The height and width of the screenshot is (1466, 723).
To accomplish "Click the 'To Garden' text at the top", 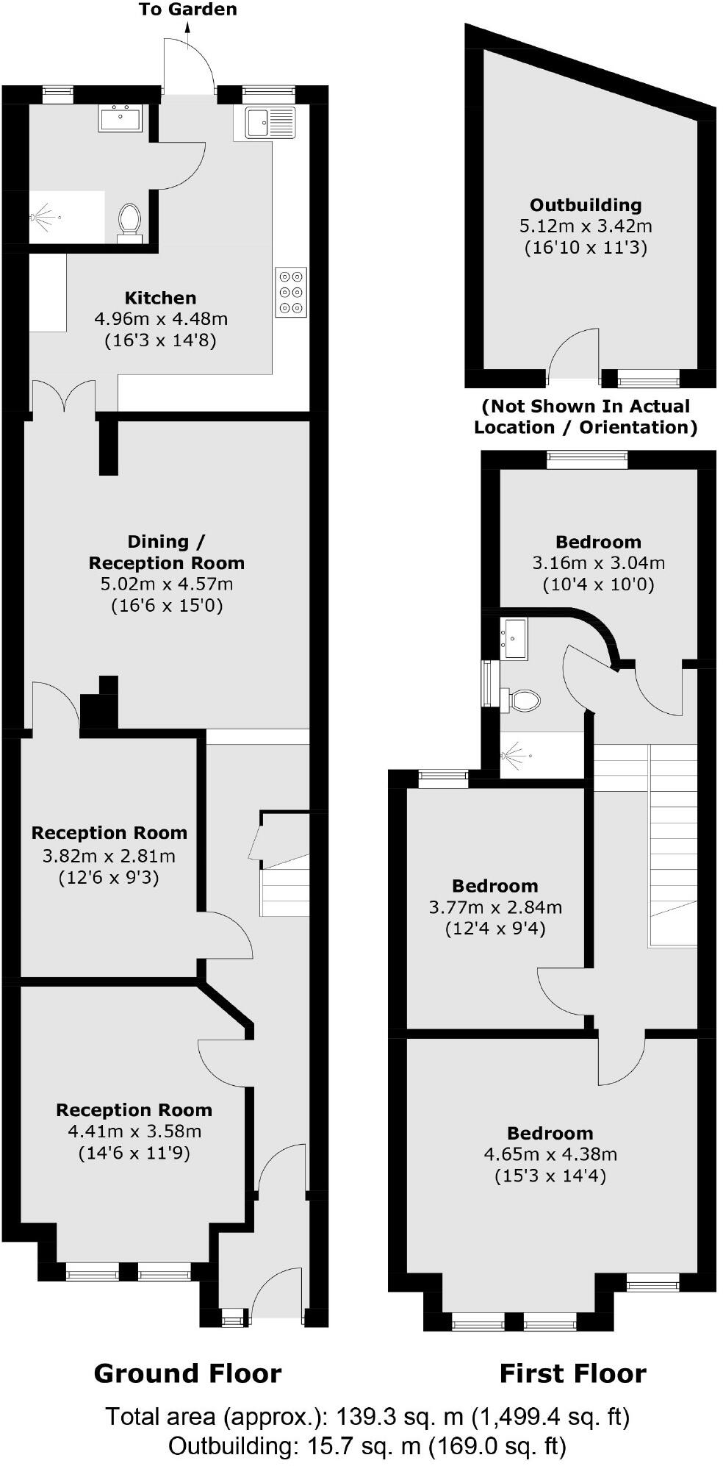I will point(188,10).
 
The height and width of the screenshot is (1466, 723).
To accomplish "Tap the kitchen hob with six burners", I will point(290,293).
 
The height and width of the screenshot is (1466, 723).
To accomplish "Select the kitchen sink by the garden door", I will point(269,123).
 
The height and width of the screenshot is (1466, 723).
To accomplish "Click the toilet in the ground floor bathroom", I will point(129,220).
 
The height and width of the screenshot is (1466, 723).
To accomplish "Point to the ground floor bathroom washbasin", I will point(120,118).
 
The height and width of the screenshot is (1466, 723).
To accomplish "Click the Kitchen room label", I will point(160,298).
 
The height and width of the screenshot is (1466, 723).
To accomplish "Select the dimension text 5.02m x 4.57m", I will point(167,584).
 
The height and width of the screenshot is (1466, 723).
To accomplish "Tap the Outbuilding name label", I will point(586,205).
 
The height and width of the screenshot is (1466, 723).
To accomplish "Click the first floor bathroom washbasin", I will point(514,637).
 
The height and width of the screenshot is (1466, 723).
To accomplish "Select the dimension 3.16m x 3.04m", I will point(598,563).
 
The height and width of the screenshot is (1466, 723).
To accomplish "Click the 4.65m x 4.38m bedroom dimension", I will point(550,1154).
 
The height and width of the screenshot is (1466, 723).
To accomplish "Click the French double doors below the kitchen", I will point(63,395).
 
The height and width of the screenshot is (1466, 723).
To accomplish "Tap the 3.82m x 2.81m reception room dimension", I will point(109,856).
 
